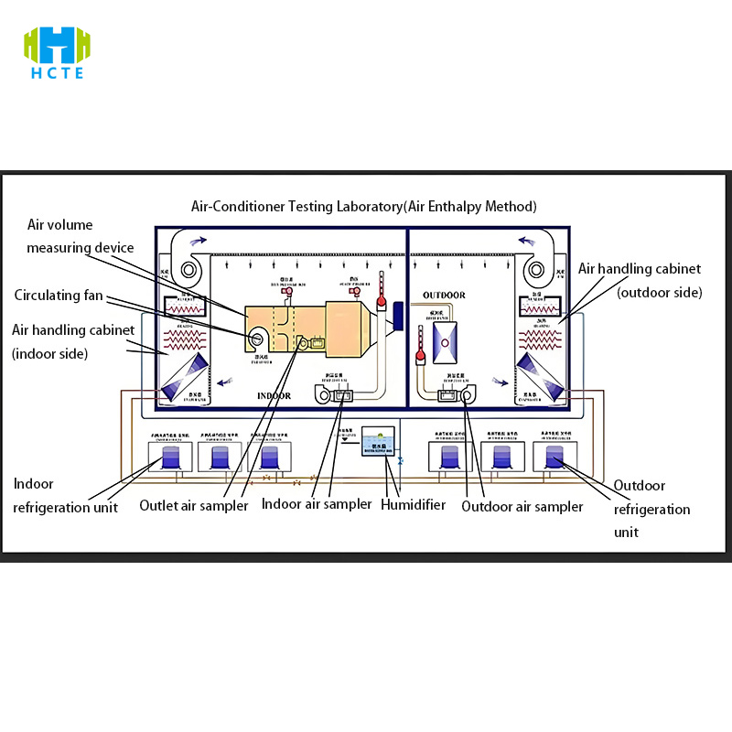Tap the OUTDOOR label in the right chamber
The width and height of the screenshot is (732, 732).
coord(444,296)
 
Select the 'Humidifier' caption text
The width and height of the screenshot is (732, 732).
coord(413,504)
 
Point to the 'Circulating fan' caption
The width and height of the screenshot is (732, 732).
coord(59,296)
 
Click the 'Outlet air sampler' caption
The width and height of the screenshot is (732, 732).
coord(193,505)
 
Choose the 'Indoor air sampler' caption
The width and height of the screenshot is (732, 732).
coord(317,503)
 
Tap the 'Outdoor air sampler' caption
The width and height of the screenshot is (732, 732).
coord(522,506)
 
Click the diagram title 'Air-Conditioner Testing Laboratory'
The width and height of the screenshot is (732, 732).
coord(363,207)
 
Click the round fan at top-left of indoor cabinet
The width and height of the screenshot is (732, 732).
coord(190,270)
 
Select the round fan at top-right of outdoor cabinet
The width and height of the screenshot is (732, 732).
coord(536,270)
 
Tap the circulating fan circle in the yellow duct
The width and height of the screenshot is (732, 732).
coord(257,339)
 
